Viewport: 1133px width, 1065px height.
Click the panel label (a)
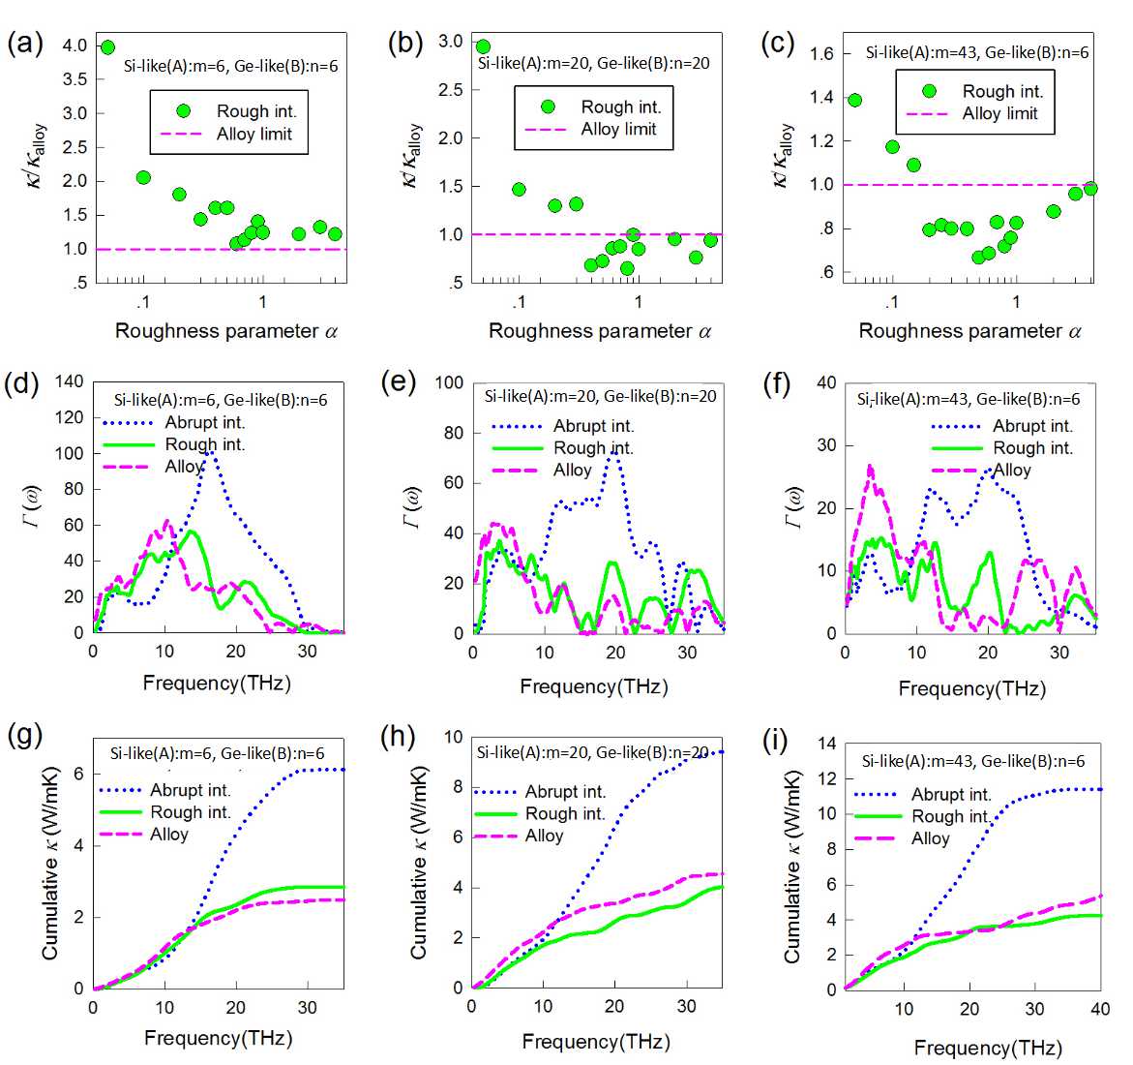pyautogui.click(x=24, y=45)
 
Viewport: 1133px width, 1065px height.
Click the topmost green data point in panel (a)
pyautogui.click(x=107, y=46)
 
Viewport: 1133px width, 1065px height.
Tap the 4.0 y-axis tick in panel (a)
pyautogui.click(x=75, y=46)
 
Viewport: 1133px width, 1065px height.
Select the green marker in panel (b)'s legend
pyautogui.click(x=548, y=106)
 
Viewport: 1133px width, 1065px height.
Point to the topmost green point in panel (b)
pyautogui.click(x=483, y=46)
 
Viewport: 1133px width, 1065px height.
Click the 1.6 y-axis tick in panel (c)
pyautogui.click(x=822, y=53)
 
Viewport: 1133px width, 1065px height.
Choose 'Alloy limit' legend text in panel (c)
pyautogui.click(x=999, y=113)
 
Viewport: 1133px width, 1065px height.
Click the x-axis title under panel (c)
pyautogui.click(x=969, y=331)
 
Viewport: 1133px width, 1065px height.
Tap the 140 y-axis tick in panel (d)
pyautogui.click(x=69, y=381)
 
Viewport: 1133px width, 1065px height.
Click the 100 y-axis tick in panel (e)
pyautogui.click(x=450, y=382)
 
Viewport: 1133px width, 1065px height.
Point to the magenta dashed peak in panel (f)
pyautogui.click(x=870, y=468)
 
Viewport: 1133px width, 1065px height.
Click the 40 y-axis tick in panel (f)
pyautogui.click(x=826, y=382)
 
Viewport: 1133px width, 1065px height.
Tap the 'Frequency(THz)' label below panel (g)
pyautogui.click(x=217, y=1038)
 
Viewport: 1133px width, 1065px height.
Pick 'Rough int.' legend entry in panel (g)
pyautogui.click(x=191, y=812)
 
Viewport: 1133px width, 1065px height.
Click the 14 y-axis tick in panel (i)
pyautogui.click(x=825, y=744)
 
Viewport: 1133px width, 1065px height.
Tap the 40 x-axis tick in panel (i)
pyautogui.click(x=1099, y=1009)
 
